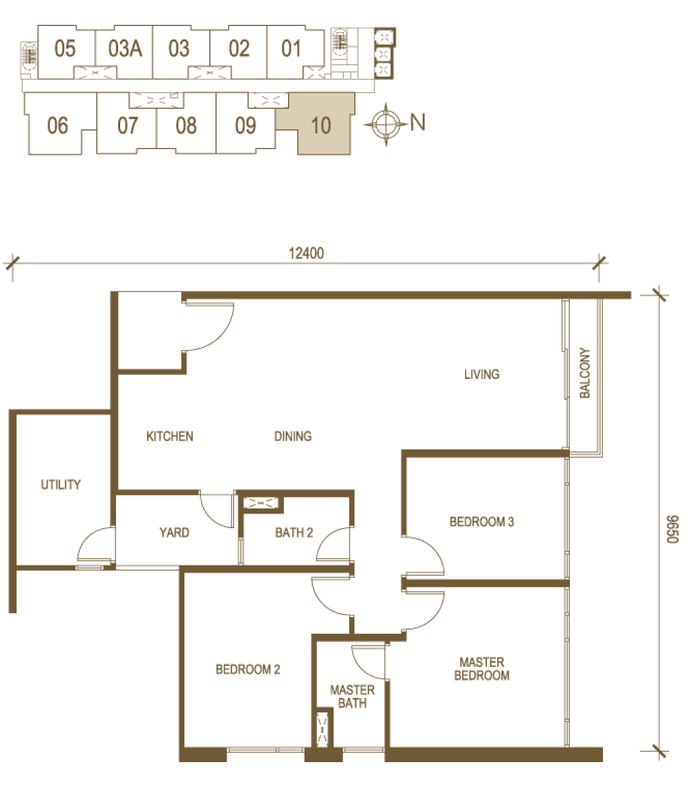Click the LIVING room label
(x=481, y=374)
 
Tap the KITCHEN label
(x=170, y=436)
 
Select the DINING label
(x=293, y=436)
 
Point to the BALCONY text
(x=585, y=373)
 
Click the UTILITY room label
(x=61, y=485)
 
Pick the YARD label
(x=174, y=532)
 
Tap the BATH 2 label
(x=294, y=532)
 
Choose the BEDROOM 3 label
(x=481, y=522)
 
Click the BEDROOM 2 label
(x=247, y=669)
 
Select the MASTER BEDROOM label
(x=481, y=668)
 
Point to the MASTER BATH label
(x=352, y=697)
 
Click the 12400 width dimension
(x=307, y=253)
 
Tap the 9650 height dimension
(x=673, y=529)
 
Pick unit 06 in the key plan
(x=57, y=126)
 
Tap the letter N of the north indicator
(x=418, y=122)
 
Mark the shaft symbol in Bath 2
(x=260, y=503)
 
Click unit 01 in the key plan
(x=291, y=49)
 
